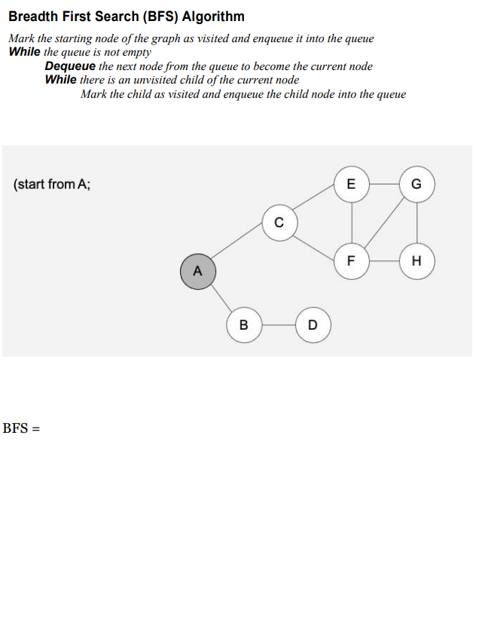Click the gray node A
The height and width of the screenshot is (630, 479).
(198, 271)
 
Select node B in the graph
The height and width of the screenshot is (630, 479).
(243, 325)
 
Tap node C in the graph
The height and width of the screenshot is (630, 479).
(279, 223)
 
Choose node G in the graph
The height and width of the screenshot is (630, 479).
(417, 184)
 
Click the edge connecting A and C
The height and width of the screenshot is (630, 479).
(239, 247)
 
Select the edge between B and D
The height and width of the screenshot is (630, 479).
(278, 325)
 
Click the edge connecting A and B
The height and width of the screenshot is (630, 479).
(221, 298)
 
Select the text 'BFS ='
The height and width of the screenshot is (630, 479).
(21, 428)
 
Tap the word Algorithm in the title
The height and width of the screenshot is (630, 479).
(213, 17)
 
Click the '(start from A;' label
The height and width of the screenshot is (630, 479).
(52, 184)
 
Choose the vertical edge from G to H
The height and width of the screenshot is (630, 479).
(417, 223)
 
